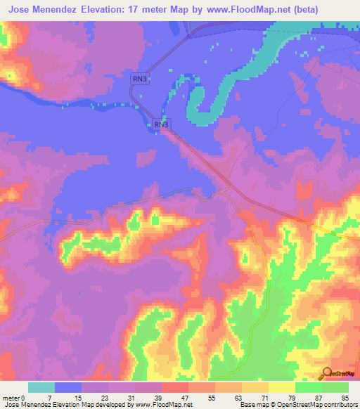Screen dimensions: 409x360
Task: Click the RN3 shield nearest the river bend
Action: tap(139, 79)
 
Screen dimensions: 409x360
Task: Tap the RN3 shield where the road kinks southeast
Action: tap(161, 124)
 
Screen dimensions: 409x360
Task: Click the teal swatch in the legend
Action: tap(41, 387)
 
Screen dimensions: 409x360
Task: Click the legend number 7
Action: tap(49, 397)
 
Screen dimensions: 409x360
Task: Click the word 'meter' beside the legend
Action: tap(11, 397)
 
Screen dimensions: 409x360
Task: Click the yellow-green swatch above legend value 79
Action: tap(282, 387)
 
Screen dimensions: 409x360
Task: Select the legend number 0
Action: tap(23, 397)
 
